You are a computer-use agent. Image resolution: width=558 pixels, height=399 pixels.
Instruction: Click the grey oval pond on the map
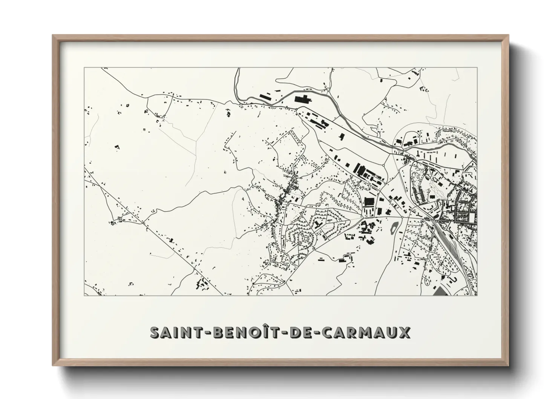(395, 227)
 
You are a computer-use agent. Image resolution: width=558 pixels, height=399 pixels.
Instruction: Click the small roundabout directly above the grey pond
(402, 217)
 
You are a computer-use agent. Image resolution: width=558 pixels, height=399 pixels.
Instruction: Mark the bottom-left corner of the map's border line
(84, 295)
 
